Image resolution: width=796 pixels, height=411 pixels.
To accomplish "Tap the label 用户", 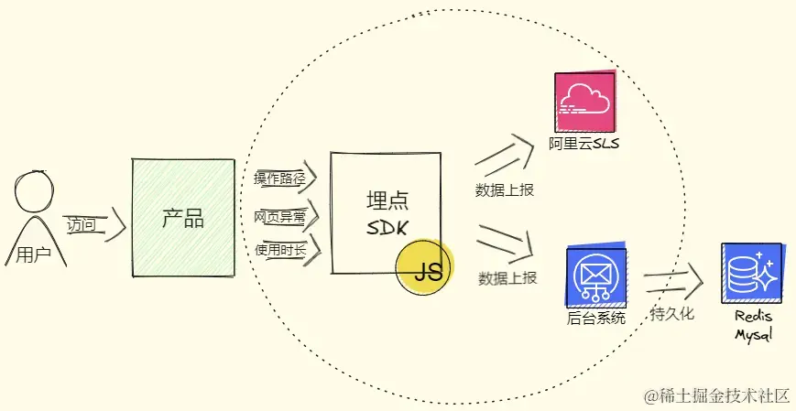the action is pyautogui.click(x=34, y=254).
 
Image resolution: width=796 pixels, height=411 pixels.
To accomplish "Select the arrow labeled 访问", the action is pyautogui.click(x=96, y=225).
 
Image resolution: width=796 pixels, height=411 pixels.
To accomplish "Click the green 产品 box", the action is pyautogui.click(x=183, y=218).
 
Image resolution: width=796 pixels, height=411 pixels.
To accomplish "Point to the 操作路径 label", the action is pyautogui.click(x=279, y=178).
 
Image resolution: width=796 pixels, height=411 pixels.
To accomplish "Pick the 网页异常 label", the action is pyautogui.click(x=279, y=217).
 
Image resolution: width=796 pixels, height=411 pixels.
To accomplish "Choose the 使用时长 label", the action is pyautogui.click(x=280, y=250).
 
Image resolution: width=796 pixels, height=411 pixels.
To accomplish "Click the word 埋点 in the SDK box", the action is pyautogui.click(x=387, y=201).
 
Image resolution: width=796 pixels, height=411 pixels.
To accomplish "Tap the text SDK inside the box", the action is pyautogui.click(x=387, y=228).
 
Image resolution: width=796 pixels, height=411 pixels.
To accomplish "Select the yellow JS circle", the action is pyautogui.click(x=424, y=267).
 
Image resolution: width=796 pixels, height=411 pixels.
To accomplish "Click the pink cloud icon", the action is pyautogui.click(x=584, y=101).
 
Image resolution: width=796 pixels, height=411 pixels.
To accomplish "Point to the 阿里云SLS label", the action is pyautogui.click(x=583, y=144).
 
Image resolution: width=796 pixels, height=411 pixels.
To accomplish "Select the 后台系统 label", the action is pyautogui.click(x=596, y=319).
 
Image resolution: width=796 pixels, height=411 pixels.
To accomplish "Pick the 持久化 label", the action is pyautogui.click(x=671, y=313).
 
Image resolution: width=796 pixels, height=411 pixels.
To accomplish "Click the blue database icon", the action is pyautogui.click(x=752, y=274).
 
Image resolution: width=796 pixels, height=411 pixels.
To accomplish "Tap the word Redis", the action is pyautogui.click(x=753, y=317).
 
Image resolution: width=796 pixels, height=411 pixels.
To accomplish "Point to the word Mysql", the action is pyautogui.click(x=753, y=335).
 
